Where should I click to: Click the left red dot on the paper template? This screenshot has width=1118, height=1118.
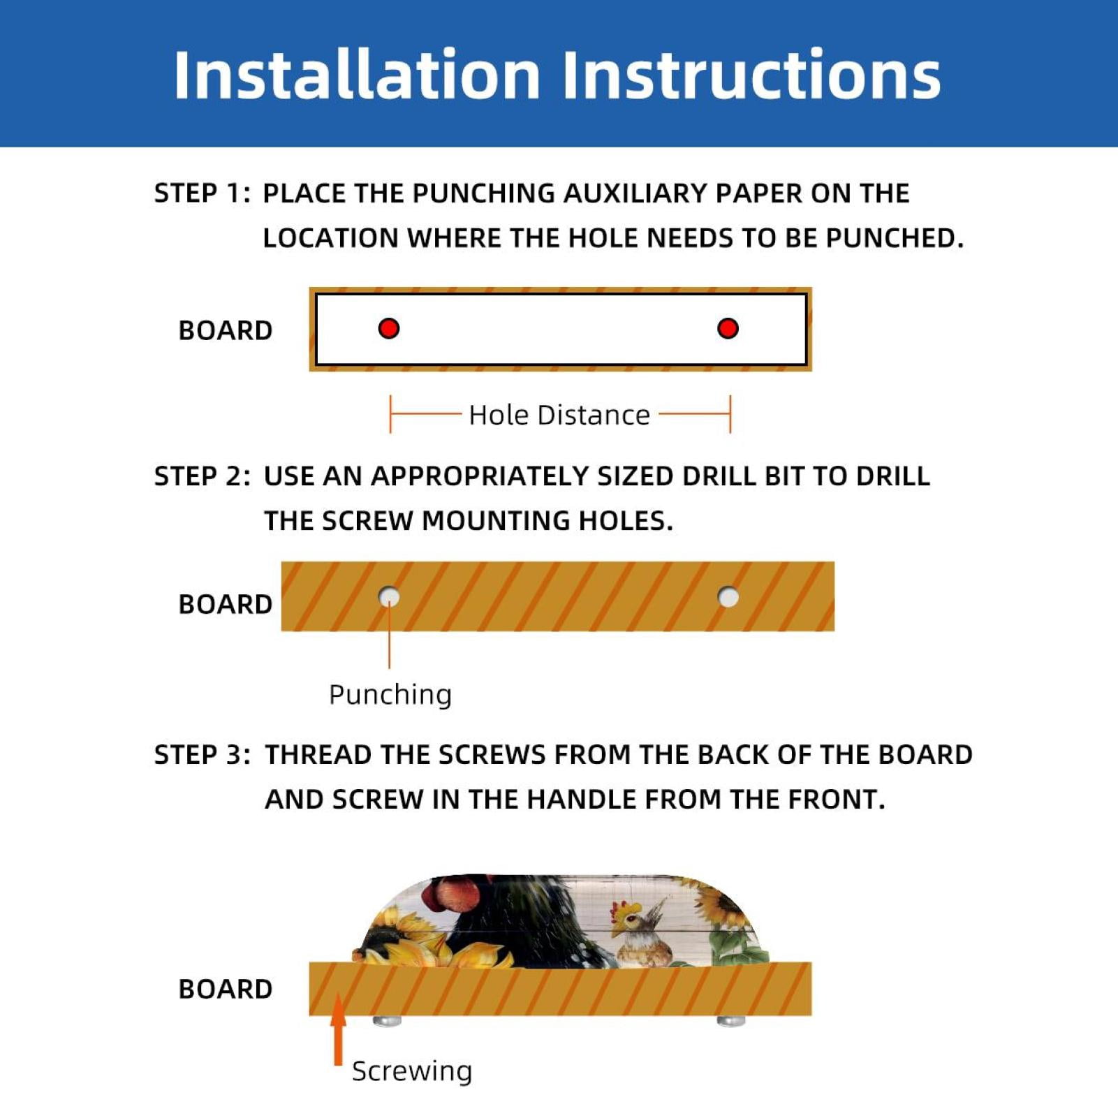(389, 328)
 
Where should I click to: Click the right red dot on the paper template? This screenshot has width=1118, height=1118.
(728, 328)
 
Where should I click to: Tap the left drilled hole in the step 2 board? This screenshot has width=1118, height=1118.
(389, 597)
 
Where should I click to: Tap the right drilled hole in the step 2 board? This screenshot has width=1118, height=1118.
(728, 597)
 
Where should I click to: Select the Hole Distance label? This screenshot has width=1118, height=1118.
(559, 415)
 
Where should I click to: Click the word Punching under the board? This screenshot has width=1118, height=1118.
(390, 695)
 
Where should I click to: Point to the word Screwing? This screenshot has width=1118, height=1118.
(412, 1071)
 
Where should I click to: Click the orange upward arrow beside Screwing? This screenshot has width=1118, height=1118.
(339, 1029)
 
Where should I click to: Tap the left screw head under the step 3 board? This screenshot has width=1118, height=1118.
(387, 1021)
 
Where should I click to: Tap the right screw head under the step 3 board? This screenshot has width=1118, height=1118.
(731, 1021)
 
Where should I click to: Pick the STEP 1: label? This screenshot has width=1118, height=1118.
(202, 193)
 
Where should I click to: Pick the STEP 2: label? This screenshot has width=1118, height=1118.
(202, 476)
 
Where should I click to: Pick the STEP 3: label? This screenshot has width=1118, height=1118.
(202, 755)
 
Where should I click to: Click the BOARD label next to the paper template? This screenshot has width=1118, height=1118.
(225, 330)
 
